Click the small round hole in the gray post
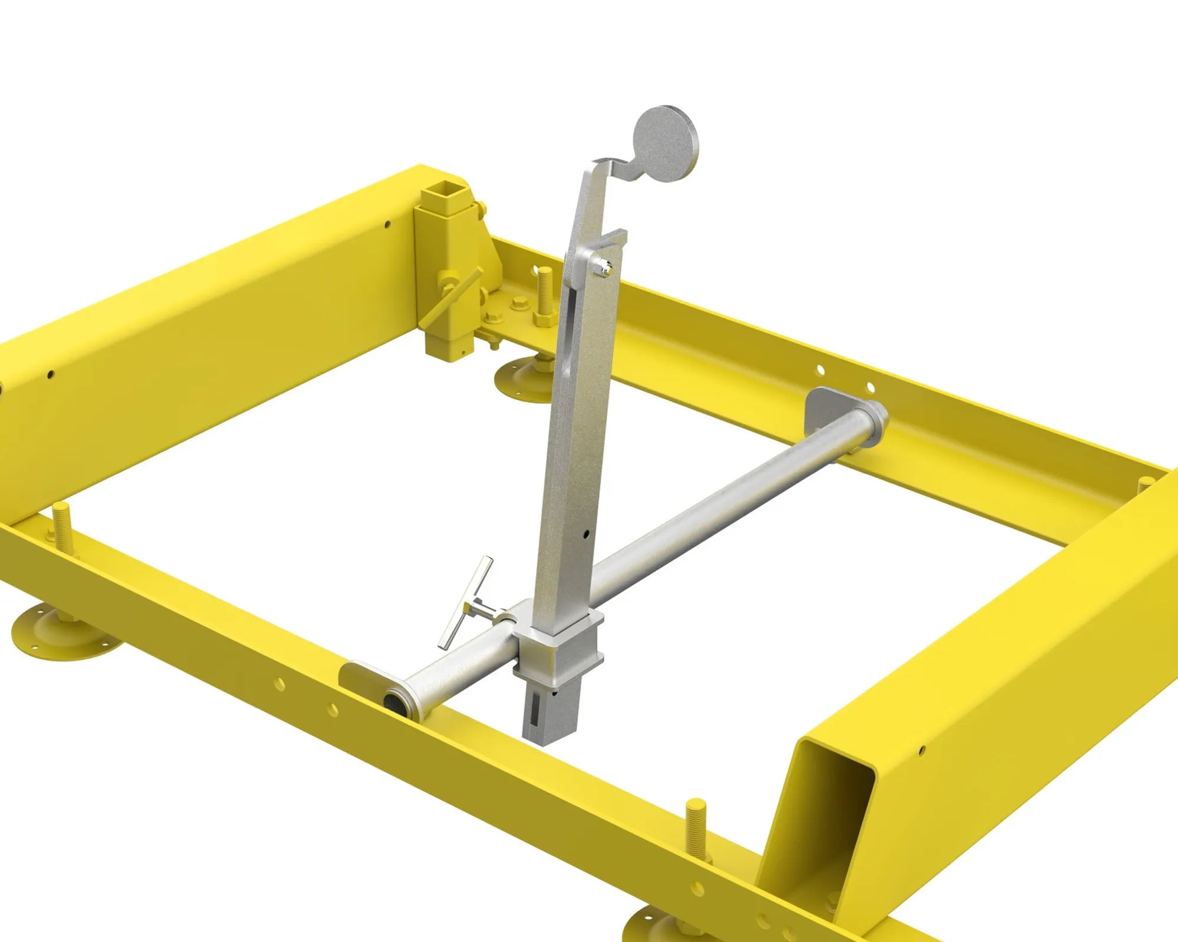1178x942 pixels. pos(587,534)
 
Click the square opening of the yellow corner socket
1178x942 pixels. pos(445,194)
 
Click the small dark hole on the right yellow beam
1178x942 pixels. pos(922,749)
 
